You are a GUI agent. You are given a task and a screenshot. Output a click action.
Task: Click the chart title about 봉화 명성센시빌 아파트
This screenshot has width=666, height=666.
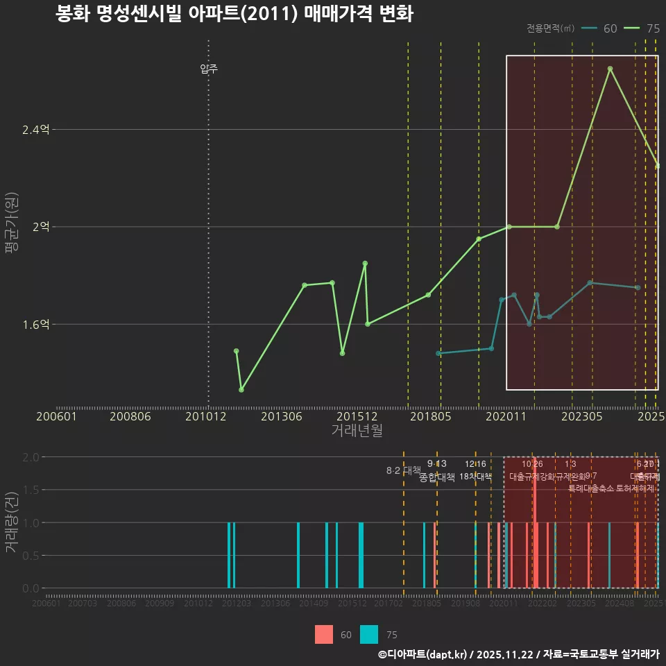click(x=234, y=15)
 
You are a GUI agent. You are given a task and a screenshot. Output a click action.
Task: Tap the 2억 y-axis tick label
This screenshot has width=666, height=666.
click(x=41, y=227)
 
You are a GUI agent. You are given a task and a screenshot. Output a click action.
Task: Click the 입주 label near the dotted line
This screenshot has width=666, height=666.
click(x=209, y=69)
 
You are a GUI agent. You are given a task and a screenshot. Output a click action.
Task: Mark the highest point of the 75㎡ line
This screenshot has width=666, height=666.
click(x=610, y=69)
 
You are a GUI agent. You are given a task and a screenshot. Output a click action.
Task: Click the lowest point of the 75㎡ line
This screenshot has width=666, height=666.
click(x=241, y=389)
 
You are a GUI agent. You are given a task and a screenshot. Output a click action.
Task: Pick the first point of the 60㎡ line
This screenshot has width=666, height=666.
click(x=438, y=353)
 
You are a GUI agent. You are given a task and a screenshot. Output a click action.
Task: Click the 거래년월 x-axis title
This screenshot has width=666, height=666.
click(x=357, y=430)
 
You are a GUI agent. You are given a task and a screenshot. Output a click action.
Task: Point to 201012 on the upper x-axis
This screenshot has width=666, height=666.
click(x=209, y=416)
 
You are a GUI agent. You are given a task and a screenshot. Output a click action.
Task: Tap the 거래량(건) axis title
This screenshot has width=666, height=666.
click(x=11, y=522)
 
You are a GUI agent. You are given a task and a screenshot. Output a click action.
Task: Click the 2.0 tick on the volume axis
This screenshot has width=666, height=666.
click(x=31, y=457)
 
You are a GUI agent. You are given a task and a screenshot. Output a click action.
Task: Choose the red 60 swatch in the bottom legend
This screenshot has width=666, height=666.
click(x=324, y=634)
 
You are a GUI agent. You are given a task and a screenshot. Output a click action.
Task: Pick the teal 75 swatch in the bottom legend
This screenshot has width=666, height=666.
click(x=369, y=634)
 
